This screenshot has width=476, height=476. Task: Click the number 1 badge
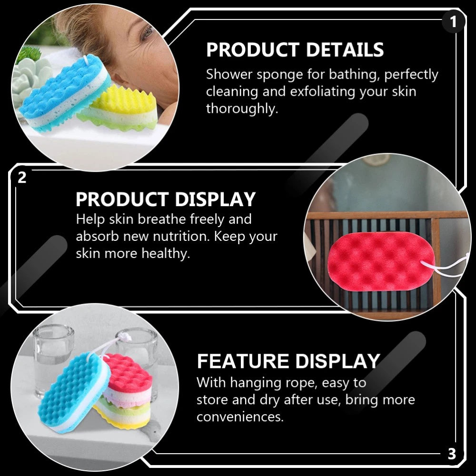[x=453, y=21]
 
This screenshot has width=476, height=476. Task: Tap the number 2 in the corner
[x=22, y=178]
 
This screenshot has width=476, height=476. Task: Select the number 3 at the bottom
[x=452, y=454]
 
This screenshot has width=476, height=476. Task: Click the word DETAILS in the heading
[x=345, y=50]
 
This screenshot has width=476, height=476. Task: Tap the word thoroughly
[x=242, y=109]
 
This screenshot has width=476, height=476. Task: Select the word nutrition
[x=181, y=236]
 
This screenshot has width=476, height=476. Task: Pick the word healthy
[x=166, y=253]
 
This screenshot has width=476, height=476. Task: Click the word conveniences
[x=240, y=417]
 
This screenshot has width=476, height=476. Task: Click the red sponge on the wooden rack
[x=381, y=261]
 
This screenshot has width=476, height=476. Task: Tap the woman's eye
[x=147, y=32]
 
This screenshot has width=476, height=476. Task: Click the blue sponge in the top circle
[x=65, y=93]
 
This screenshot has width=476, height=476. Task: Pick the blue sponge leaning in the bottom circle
[x=73, y=392]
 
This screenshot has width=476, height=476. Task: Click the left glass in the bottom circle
[x=52, y=358]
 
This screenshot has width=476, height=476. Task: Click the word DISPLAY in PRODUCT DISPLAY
[x=215, y=199]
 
